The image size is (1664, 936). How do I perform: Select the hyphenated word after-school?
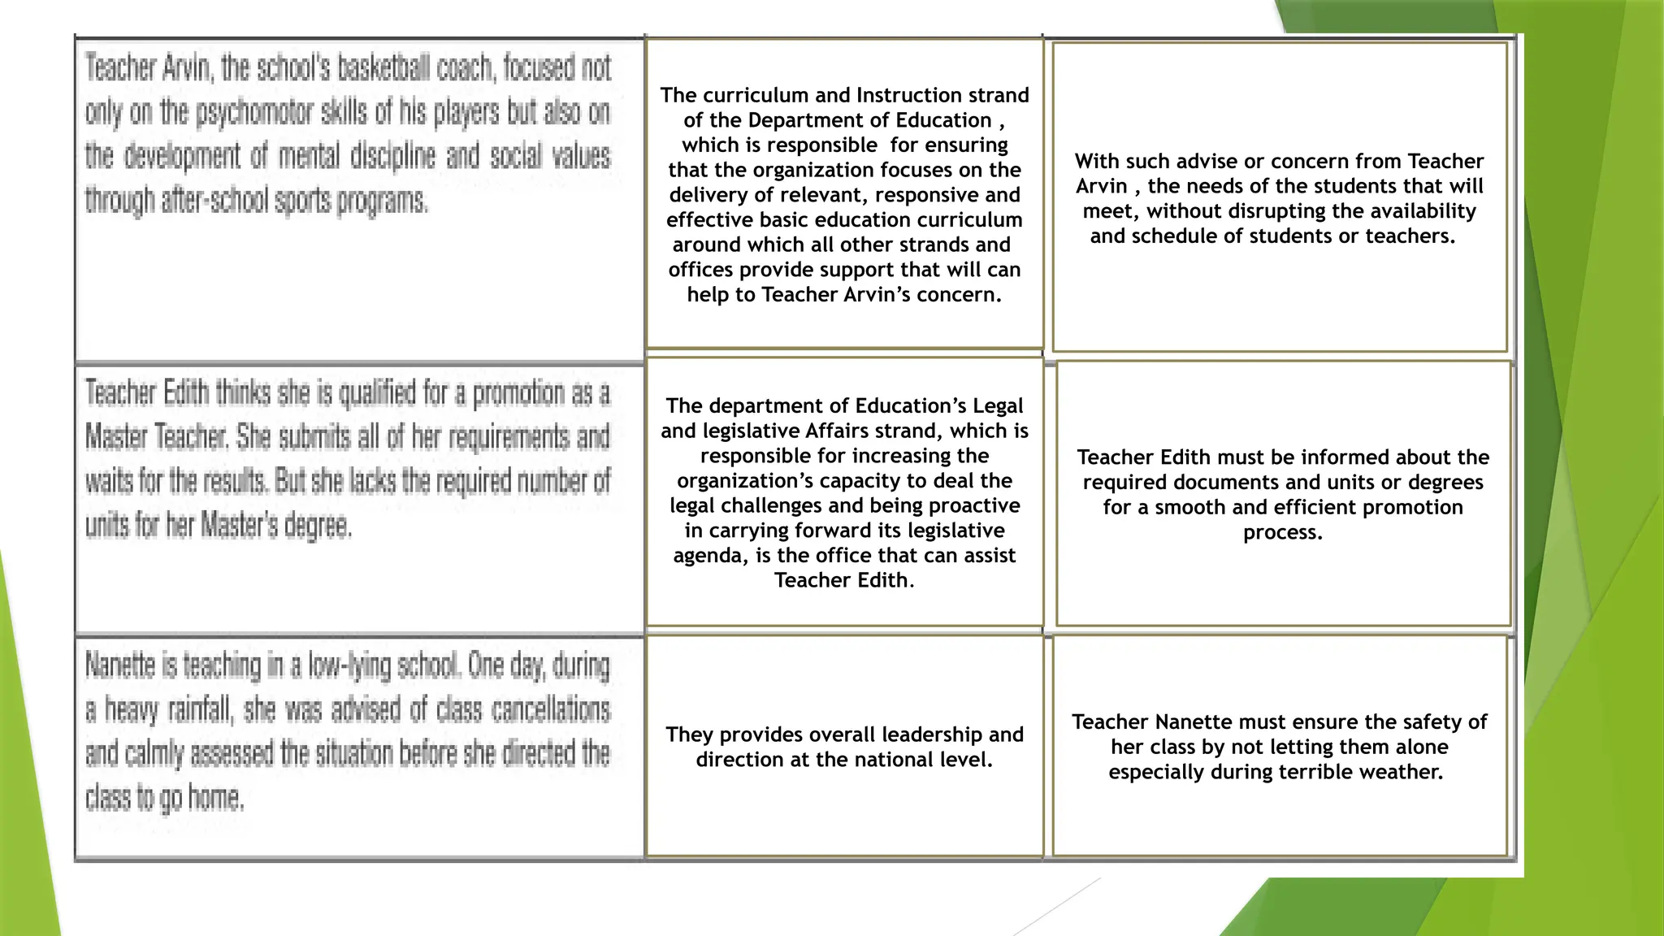click(213, 201)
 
